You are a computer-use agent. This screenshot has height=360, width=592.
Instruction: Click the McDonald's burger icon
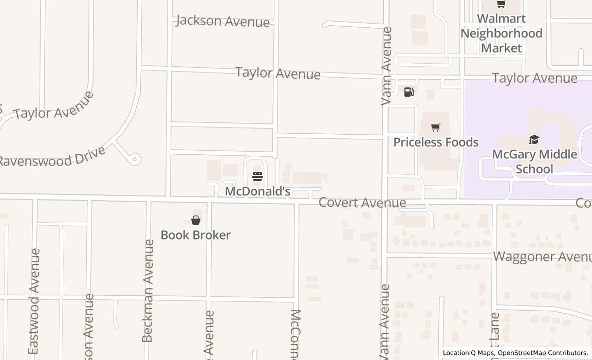point(257,176)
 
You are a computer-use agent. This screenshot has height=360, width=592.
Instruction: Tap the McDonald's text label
point(257,192)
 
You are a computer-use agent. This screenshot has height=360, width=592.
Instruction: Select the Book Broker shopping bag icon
point(196,221)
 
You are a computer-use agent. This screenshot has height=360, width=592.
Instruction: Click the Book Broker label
point(196,235)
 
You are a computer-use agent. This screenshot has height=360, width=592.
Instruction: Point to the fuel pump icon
point(409,92)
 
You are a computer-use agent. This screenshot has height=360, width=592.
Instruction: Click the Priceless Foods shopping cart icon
point(436,127)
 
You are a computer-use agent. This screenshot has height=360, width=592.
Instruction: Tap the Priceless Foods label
point(436,142)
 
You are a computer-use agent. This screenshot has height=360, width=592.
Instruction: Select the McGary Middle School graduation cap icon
point(534,139)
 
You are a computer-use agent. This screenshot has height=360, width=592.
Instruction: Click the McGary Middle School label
point(534,161)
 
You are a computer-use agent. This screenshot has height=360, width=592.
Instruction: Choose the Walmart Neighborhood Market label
point(501,33)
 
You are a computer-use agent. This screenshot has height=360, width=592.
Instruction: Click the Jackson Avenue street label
point(223,21)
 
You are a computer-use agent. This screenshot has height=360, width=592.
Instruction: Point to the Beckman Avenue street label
point(147,291)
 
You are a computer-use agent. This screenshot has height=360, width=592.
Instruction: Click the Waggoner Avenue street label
point(542,257)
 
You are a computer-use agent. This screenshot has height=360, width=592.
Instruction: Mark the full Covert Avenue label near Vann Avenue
point(362,203)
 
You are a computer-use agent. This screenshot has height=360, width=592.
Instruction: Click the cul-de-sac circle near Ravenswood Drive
point(135,159)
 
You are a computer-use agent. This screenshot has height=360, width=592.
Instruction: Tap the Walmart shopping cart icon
point(501,4)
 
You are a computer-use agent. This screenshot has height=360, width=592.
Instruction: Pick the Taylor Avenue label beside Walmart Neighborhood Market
point(534,78)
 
